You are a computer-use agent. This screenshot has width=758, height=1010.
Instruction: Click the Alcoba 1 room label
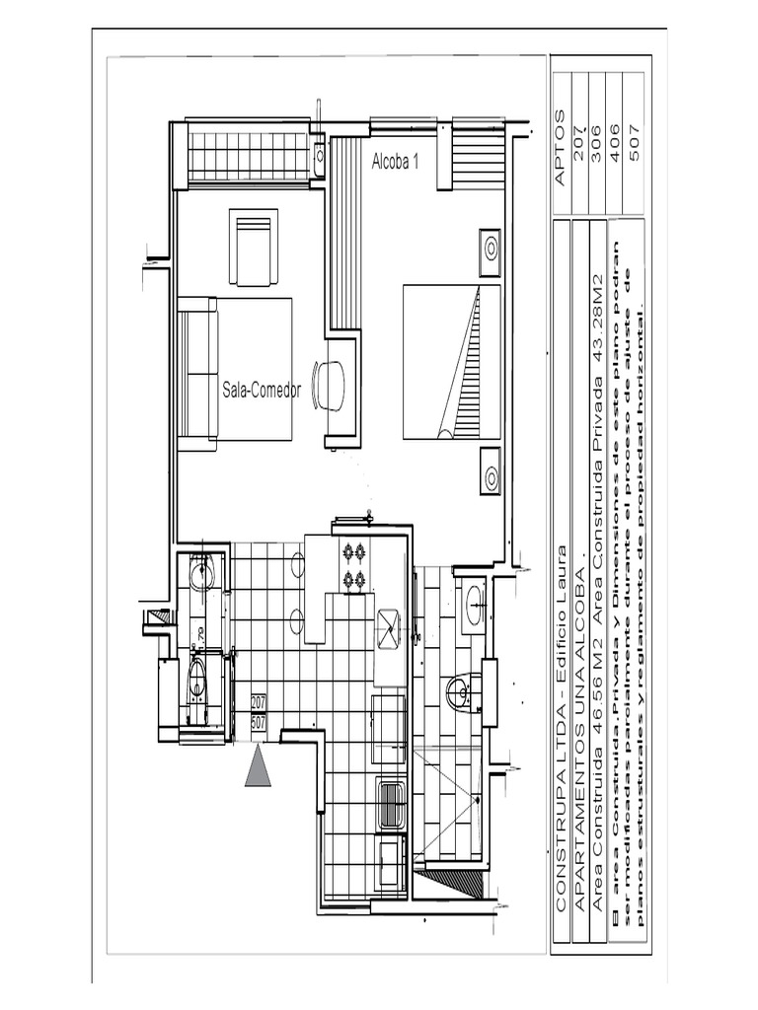click(x=395, y=163)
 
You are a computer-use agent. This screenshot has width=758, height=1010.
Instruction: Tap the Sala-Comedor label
click(x=261, y=391)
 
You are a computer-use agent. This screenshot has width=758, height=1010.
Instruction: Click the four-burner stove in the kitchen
click(x=353, y=566)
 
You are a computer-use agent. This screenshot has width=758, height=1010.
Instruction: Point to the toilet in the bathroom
click(x=462, y=692)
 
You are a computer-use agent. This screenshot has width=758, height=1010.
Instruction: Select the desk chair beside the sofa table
click(x=330, y=385)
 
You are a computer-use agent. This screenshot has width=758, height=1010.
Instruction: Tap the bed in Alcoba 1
click(x=451, y=362)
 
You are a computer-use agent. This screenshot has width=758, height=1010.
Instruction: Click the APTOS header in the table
click(x=561, y=148)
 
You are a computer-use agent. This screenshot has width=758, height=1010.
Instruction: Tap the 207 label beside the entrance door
click(x=259, y=702)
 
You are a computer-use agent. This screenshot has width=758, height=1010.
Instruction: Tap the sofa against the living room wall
click(x=197, y=374)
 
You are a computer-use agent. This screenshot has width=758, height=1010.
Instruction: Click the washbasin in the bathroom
click(x=474, y=603)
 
